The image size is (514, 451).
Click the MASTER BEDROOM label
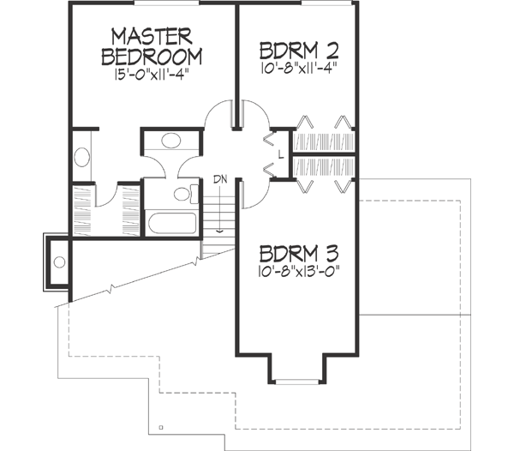[x=152, y=46]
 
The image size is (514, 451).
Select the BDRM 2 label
[x=296, y=48]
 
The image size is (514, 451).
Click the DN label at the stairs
[x=219, y=180]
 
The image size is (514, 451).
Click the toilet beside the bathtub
[x=182, y=193]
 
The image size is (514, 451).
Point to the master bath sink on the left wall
[x=83, y=157]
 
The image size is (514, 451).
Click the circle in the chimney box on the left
[x=59, y=262]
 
